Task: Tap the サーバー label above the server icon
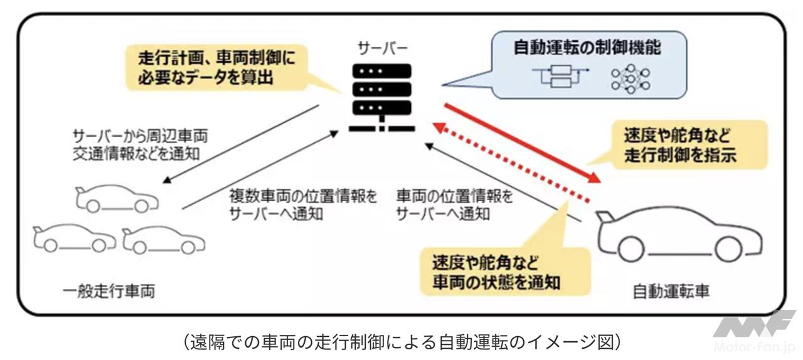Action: [x=383, y=48]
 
